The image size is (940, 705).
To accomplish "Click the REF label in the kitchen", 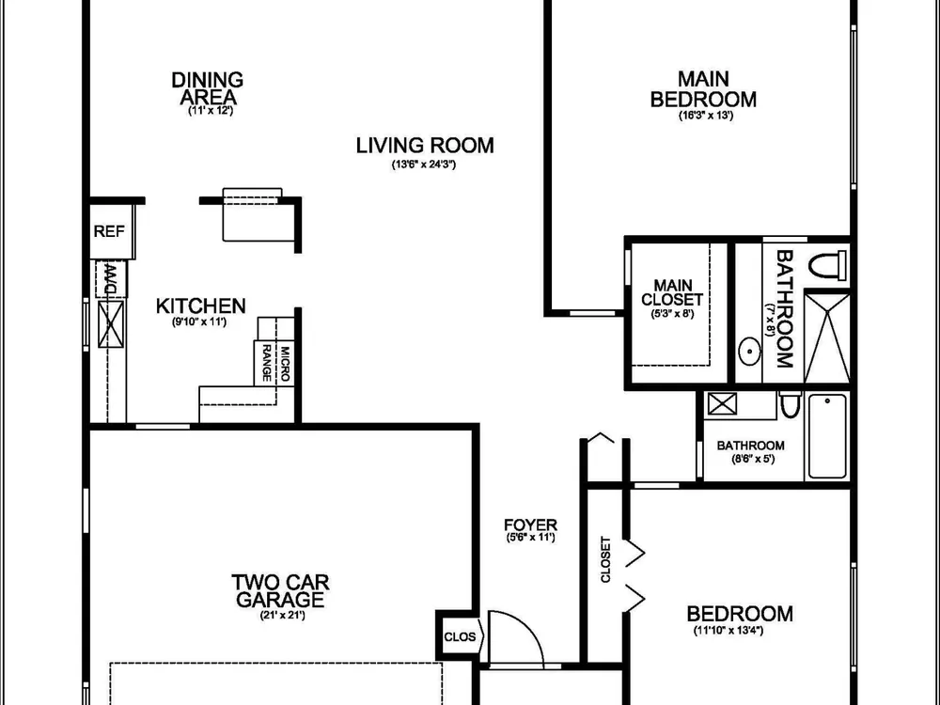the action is point(109,231).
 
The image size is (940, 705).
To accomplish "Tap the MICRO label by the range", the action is point(285,364).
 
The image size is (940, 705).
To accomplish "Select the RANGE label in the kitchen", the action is point(267,363).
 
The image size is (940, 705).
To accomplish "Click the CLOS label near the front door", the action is point(460,637).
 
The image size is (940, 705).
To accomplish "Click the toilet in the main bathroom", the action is point(827,264).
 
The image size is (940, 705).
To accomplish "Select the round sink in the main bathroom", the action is point(749,352).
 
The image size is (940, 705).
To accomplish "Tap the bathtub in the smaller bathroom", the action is point(827,436).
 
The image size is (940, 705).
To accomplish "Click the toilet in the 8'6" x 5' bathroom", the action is point(791,405).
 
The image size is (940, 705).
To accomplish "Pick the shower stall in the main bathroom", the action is point(826,337).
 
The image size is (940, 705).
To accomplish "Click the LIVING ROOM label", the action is point(425,146).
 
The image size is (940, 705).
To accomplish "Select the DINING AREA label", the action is point(208,88).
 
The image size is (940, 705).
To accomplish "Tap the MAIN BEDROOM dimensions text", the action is point(706,116).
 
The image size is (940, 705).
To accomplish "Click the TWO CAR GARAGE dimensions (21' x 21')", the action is point(282,615).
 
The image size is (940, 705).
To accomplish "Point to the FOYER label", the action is point(530,525).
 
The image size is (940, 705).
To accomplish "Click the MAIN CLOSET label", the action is point(673,292).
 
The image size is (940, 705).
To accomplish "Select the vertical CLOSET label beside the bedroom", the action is point(605,560).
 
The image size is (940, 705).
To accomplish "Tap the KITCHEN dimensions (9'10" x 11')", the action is point(199,322).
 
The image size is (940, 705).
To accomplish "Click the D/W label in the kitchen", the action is point(111,278).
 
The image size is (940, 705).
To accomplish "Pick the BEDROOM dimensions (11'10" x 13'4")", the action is point(728,631).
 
